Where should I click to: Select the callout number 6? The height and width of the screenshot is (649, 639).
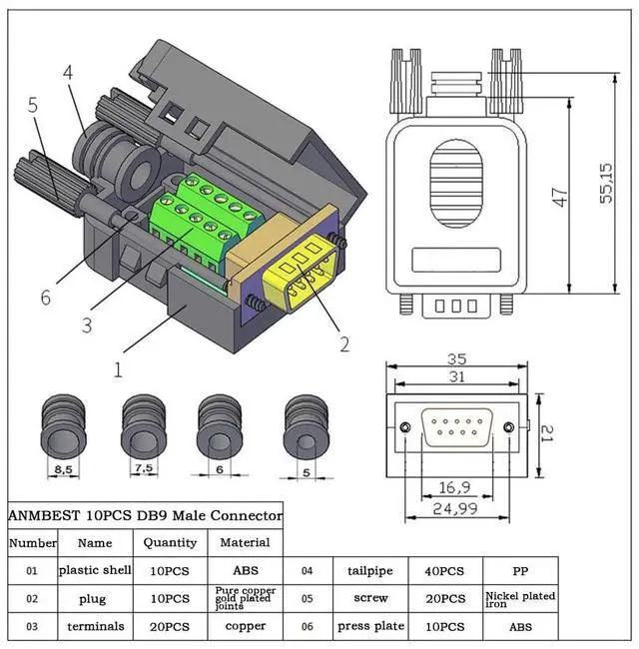[x=46, y=298]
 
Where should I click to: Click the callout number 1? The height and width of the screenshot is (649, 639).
[x=118, y=369]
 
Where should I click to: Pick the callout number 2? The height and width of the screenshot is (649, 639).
[x=344, y=344]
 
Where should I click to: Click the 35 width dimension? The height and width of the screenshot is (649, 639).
[x=458, y=358]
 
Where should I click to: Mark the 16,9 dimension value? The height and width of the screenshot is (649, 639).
[x=455, y=487]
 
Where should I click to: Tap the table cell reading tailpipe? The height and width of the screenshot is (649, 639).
[x=369, y=571]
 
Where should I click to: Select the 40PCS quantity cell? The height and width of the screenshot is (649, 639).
[x=445, y=571]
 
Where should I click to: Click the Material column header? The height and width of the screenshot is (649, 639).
[x=245, y=542]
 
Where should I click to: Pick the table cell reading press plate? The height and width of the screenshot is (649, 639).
[x=369, y=626]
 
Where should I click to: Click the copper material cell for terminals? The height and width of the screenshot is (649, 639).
[x=245, y=626]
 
